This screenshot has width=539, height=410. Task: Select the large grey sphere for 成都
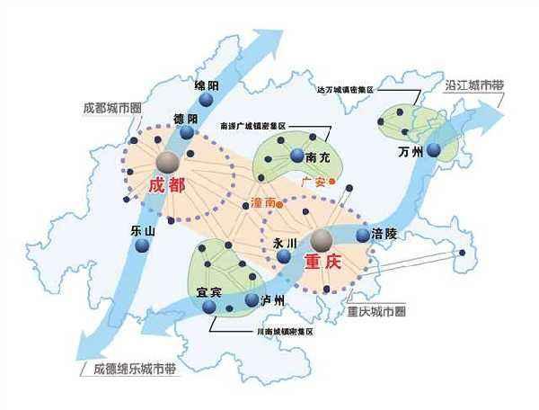(x=167, y=161)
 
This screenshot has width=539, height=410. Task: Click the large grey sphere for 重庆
(x=322, y=238)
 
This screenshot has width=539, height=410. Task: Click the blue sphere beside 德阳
(x=187, y=133)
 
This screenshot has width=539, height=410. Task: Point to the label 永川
(x=271, y=242)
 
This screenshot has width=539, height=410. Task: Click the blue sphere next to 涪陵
(x=363, y=235)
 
